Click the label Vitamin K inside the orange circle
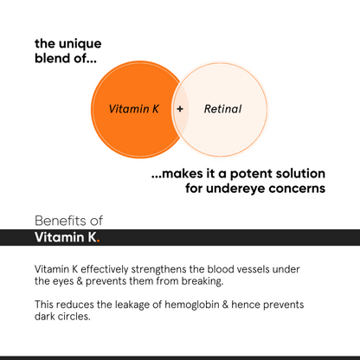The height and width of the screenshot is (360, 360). [x=134, y=110]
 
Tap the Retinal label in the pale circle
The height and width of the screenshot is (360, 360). [x=222, y=110]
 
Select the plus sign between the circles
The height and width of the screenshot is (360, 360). [x=180, y=110]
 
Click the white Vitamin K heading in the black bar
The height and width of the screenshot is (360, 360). [x=65, y=237]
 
